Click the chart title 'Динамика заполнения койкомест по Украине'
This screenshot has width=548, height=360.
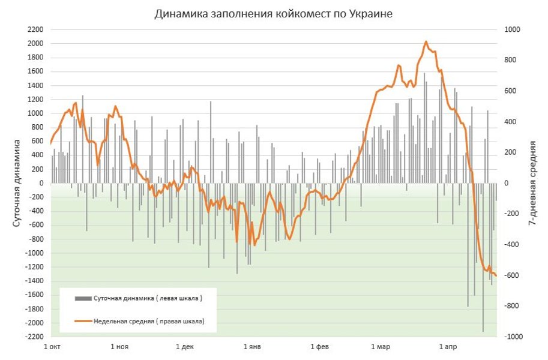273,14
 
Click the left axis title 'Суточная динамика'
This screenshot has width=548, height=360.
17,183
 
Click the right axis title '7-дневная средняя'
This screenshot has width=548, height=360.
532,183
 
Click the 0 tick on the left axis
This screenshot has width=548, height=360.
41,183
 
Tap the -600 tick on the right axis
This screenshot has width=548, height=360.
511,275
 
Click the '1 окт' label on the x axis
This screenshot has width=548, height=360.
53,347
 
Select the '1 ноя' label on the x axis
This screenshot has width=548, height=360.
119,347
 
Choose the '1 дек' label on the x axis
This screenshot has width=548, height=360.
185,347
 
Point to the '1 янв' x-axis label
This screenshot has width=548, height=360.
252,347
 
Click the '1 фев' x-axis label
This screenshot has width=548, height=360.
319,347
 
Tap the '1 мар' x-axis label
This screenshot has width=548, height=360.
381,347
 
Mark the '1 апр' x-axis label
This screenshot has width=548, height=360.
448,347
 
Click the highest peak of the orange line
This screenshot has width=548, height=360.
426,42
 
